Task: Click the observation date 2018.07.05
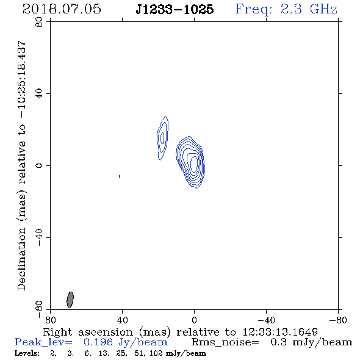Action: click(62, 9)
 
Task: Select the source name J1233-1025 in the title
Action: click(175, 9)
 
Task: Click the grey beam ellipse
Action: click(70, 300)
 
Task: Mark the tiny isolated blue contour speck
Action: click(120, 176)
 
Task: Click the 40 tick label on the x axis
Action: click(122, 320)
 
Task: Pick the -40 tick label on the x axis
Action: click(266, 320)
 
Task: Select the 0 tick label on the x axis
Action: click(194, 320)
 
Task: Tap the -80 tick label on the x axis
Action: click(338, 320)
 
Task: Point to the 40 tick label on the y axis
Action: click(39, 94)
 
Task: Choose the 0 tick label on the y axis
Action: click(39, 165)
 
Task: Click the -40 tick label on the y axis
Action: click(39, 237)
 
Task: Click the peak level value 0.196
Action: click(98, 342)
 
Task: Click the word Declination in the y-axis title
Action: click(21, 259)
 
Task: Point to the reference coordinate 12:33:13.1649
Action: click(280, 332)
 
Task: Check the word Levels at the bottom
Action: click(26, 353)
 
